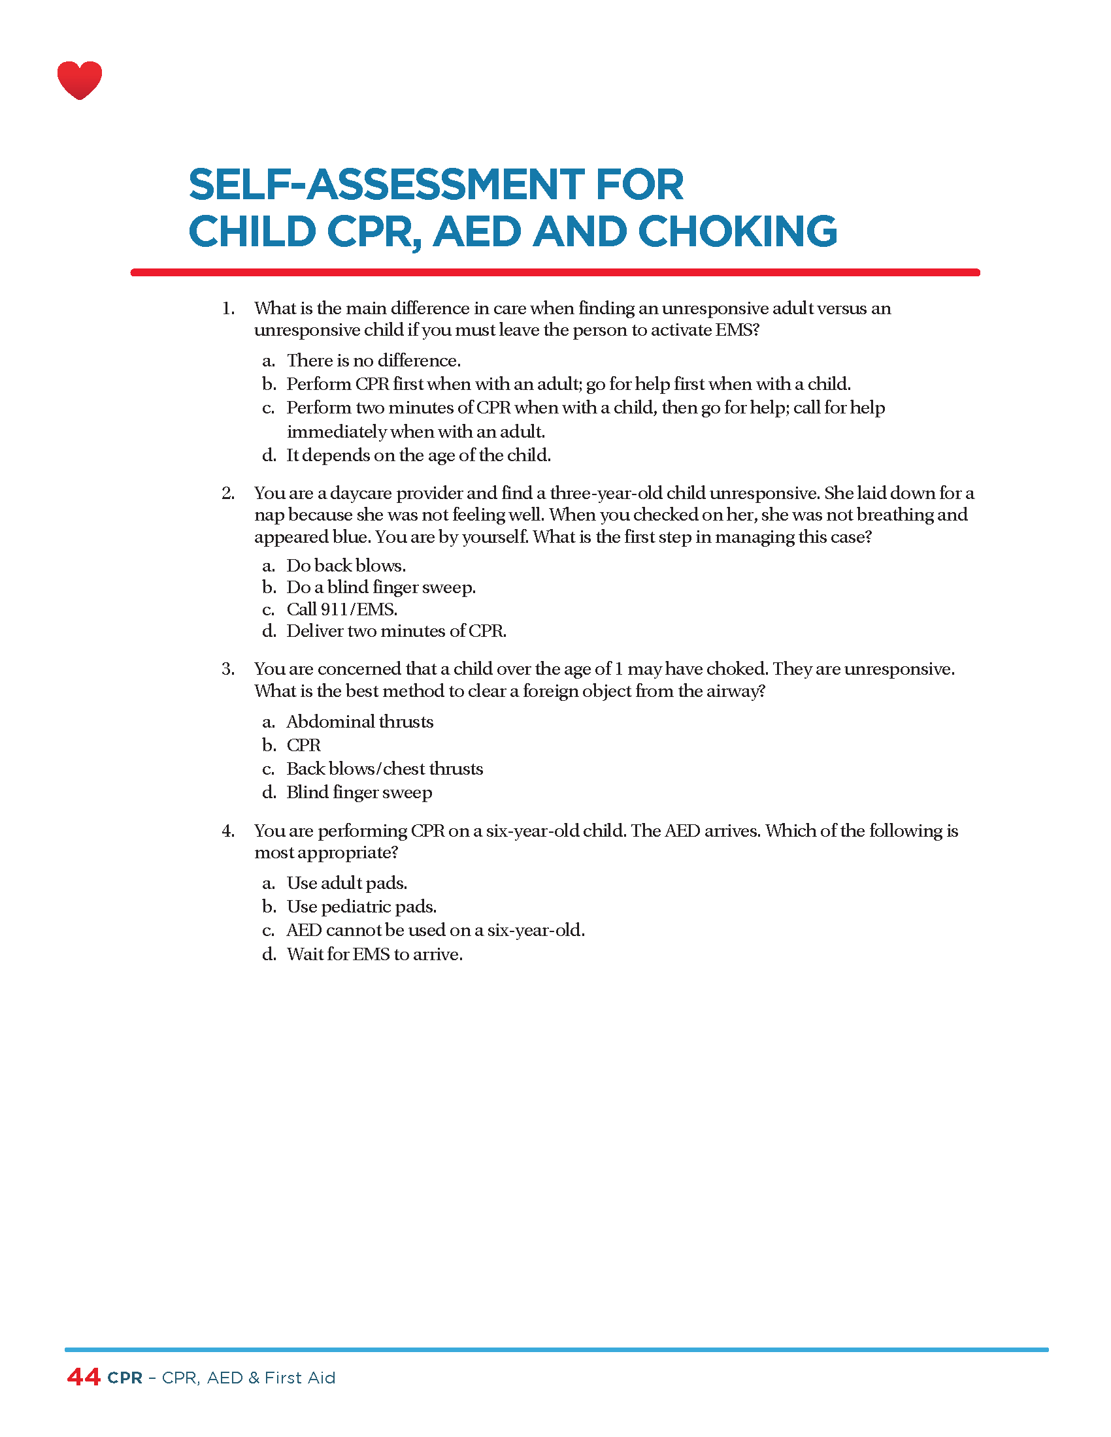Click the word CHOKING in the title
click(x=737, y=232)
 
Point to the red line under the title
click(x=555, y=272)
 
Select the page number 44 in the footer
click(x=84, y=1377)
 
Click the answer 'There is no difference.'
click(x=373, y=361)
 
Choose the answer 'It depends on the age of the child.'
click(x=418, y=455)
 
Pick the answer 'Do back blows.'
click(x=346, y=566)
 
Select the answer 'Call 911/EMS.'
click(x=342, y=609)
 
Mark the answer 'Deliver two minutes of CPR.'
click(x=396, y=631)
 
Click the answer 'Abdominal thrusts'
click(x=359, y=722)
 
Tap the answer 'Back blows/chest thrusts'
click(x=384, y=769)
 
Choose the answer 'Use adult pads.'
click(x=347, y=883)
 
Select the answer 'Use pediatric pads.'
click(x=361, y=907)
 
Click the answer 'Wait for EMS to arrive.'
click(x=374, y=954)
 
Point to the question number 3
click(x=227, y=669)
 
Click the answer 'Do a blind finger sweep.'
click(x=380, y=588)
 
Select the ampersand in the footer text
click(x=254, y=1378)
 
